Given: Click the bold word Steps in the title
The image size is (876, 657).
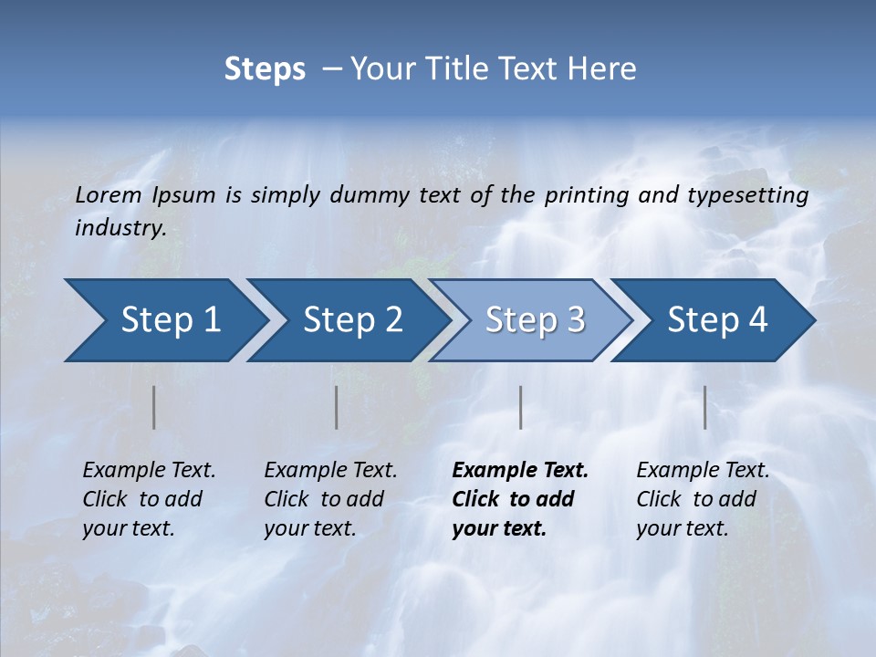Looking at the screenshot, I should coord(265,69).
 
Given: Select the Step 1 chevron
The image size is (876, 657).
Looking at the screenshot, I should coord(164,320).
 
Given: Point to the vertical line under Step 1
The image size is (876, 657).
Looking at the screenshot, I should coord(154,407).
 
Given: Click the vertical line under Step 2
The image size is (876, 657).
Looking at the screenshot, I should coord(337,407).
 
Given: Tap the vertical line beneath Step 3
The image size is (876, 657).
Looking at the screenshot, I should coord(521,407).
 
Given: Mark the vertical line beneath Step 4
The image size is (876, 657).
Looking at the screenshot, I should coord(705,407).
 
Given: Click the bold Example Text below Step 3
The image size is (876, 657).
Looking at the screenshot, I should coord(520,471).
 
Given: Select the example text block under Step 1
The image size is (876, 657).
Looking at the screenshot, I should coord(149,499).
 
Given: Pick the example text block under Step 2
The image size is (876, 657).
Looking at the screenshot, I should coord(330,499).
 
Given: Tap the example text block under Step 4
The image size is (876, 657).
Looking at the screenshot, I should coord(703,499).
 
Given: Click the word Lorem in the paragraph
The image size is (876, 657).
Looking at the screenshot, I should coord(109,195).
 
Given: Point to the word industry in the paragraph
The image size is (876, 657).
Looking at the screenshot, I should coord(120,228).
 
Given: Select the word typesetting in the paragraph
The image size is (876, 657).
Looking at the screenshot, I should coord(747,195).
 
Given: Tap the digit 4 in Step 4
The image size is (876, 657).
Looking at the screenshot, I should coord(757,320).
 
